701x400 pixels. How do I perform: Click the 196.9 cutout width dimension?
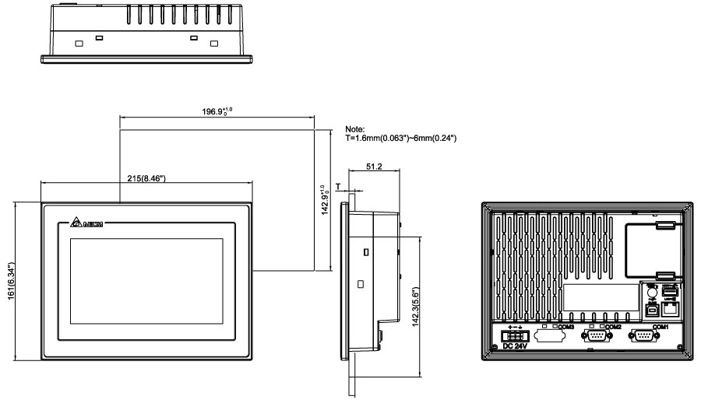(x=216, y=111)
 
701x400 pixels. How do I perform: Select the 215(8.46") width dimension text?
(x=146, y=178)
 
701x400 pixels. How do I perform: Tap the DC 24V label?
(x=516, y=347)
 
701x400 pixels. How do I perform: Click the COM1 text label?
(x=660, y=327)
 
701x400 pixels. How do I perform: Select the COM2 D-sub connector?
(x=597, y=336)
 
